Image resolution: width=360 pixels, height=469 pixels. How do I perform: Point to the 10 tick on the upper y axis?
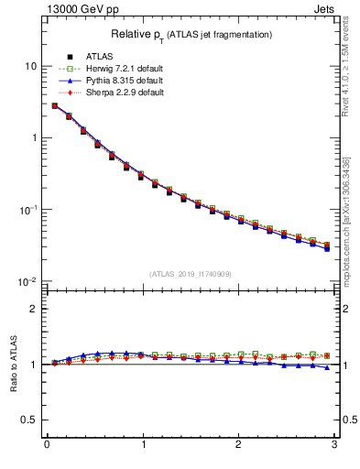click(x=30, y=66)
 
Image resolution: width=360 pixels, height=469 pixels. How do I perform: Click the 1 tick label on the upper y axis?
click(x=33, y=137)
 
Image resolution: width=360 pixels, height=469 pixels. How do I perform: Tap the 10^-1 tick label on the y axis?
click(x=27, y=209)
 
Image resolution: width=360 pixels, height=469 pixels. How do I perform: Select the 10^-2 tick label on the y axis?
click(x=27, y=281)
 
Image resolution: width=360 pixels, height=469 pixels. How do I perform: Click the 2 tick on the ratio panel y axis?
click(x=33, y=309)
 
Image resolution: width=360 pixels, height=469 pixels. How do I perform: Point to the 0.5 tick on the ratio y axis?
click(x=29, y=420)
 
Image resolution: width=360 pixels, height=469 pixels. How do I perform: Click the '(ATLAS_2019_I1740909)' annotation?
click(x=191, y=273)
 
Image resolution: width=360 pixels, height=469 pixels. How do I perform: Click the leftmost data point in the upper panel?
click(x=54, y=105)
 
